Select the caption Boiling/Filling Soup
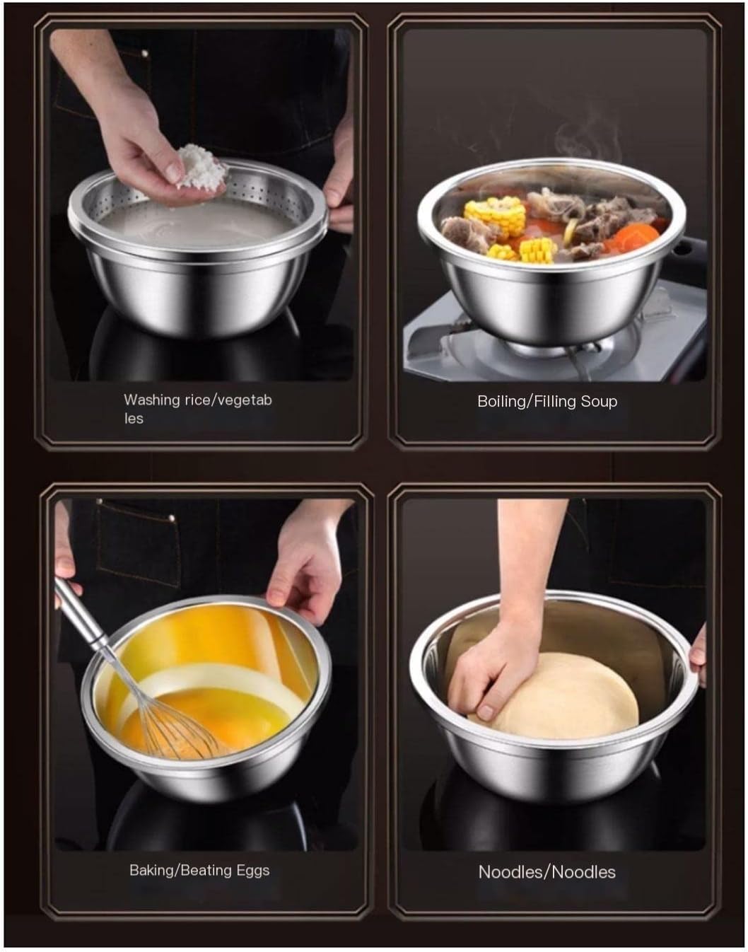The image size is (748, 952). tap(547, 402)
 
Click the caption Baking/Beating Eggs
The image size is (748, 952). tap(199, 871)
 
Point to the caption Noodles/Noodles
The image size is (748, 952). tap(547, 872)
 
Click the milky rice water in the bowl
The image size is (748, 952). tap(198, 223)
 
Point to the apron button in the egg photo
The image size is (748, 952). tap(172, 518)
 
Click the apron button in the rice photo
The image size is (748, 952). tap(145, 54)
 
